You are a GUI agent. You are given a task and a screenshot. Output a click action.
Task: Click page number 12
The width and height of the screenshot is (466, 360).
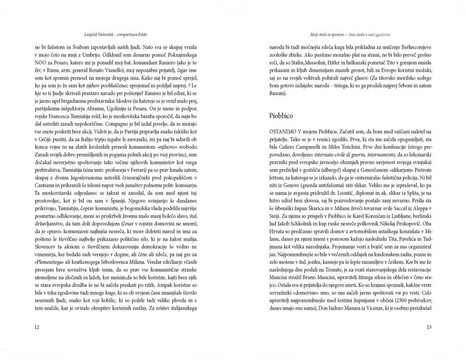pyautogui.click(x=37, y=327)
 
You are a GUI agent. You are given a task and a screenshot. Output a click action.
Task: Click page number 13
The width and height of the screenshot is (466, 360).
pyautogui.click(x=429, y=327)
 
